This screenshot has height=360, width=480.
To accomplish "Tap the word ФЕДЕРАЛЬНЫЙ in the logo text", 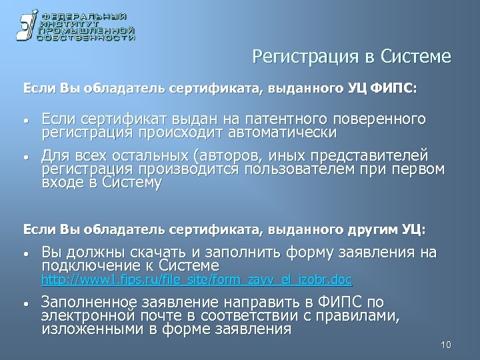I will (86, 15).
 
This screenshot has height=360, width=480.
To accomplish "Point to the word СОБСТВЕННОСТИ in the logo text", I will (86, 39).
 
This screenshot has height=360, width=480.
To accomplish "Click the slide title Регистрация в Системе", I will (352, 57).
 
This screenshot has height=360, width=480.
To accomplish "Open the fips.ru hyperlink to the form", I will (197, 279).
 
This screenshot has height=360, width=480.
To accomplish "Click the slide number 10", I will (446, 345).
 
